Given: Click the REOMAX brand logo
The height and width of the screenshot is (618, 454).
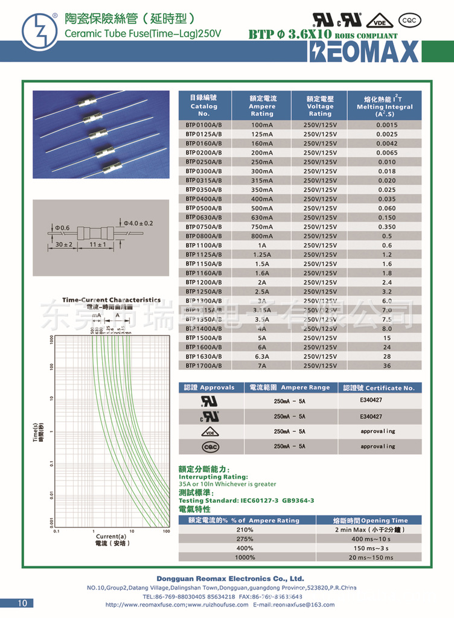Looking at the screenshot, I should tap(363, 52).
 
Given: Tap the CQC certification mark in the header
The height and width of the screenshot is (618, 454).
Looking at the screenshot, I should tap(410, 21).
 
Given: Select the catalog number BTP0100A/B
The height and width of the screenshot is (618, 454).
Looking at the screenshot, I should tap(203, 125).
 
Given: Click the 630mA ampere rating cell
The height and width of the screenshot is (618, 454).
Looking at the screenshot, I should tap(262, 217).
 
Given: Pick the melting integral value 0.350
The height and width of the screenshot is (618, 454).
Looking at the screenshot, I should tap(387, 226).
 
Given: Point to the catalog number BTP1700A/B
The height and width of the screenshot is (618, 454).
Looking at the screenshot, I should tap(203, 366).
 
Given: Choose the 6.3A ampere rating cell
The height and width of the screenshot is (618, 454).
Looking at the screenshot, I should tap(262, 357).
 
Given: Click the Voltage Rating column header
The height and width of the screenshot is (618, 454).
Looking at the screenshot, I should tap(320, 106).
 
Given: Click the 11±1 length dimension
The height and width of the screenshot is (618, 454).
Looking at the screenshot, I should tap(98, 245).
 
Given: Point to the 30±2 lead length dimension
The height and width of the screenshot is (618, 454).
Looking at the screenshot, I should tap(63, 245).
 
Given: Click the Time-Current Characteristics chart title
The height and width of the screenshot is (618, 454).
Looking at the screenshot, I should tap(112, 300).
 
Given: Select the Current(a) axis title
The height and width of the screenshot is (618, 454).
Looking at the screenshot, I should tap(111, 537).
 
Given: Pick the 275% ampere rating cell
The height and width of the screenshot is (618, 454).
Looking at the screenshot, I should tap(245, 538).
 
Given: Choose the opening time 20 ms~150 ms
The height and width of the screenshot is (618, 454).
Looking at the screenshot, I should tap(371, 557).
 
